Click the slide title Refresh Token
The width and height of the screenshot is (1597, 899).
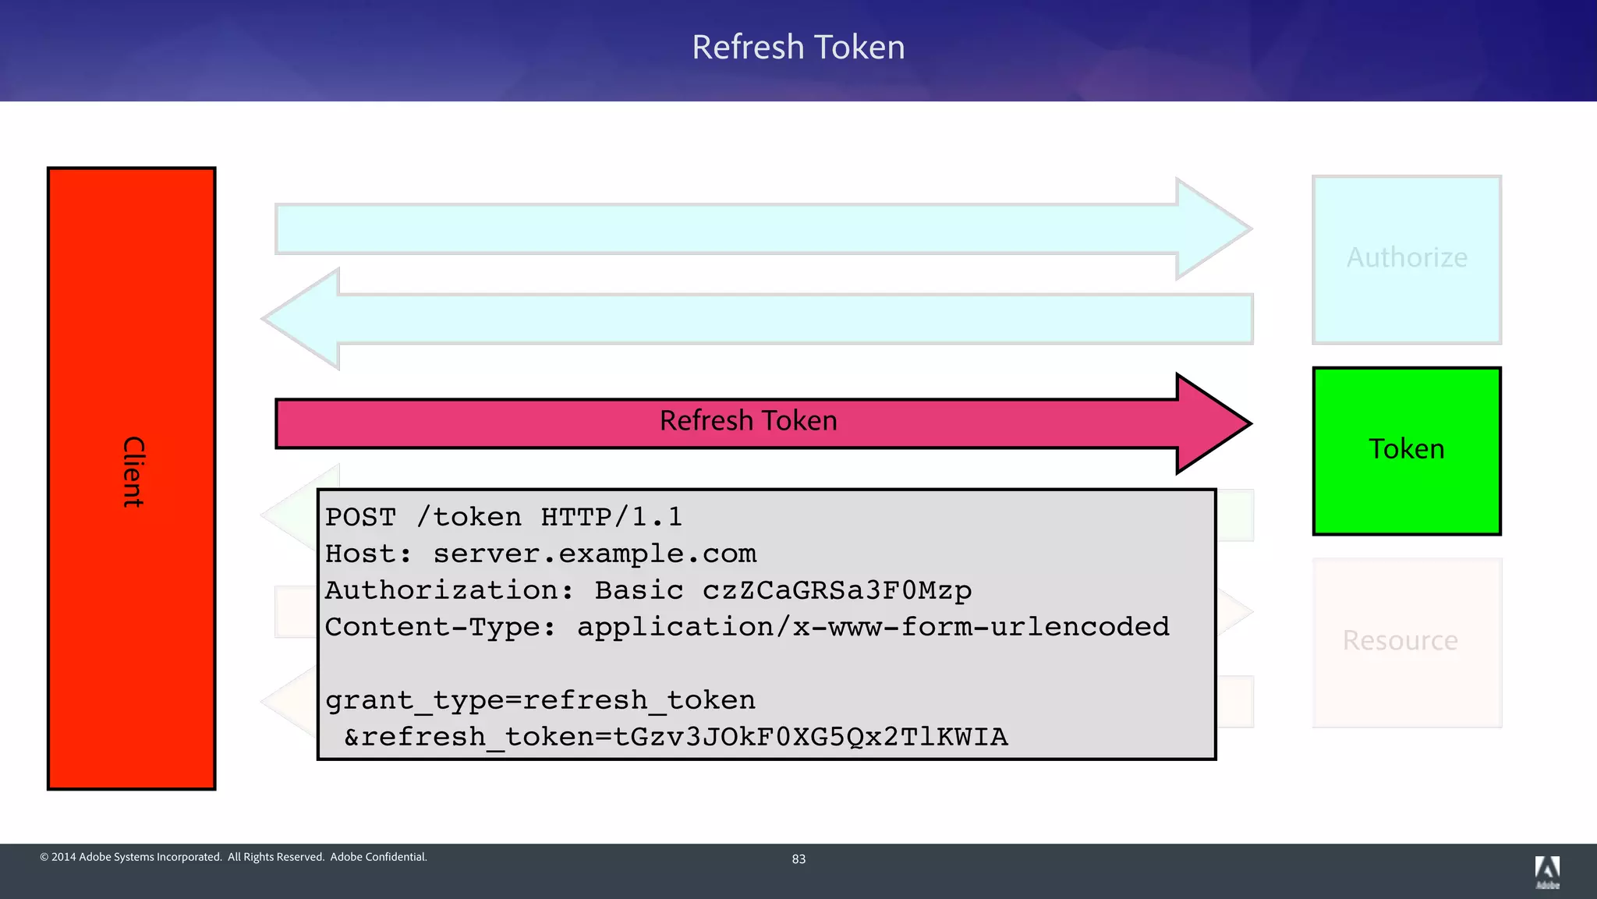[798, 48]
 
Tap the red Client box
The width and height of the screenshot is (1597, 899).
[131, 477]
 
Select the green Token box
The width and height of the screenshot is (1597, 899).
[1406, 451]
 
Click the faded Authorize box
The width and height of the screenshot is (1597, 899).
[1406, 259]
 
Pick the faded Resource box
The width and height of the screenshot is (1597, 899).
[1406, 642]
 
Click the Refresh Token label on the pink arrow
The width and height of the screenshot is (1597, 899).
[748, 421]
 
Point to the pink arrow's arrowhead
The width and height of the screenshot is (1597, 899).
[1213, 423]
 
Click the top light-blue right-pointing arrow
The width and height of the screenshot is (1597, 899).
[725, 228]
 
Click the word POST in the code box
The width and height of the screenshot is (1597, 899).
[360, 517]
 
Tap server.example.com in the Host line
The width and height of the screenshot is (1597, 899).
[594, 554]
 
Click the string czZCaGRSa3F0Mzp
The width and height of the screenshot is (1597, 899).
[837, 590]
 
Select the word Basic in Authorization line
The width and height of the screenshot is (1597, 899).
[639, 590]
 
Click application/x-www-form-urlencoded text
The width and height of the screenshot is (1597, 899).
[873, 627]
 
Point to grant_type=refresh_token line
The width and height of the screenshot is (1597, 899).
[540, 700]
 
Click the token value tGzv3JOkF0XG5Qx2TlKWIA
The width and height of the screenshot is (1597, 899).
[810, 737]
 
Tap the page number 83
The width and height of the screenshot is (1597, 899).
[798, 859]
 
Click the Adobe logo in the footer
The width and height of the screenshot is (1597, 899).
[1547, 871]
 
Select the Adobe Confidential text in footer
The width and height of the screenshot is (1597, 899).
[378, 857]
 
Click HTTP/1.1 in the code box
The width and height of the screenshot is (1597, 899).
[611, 517]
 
